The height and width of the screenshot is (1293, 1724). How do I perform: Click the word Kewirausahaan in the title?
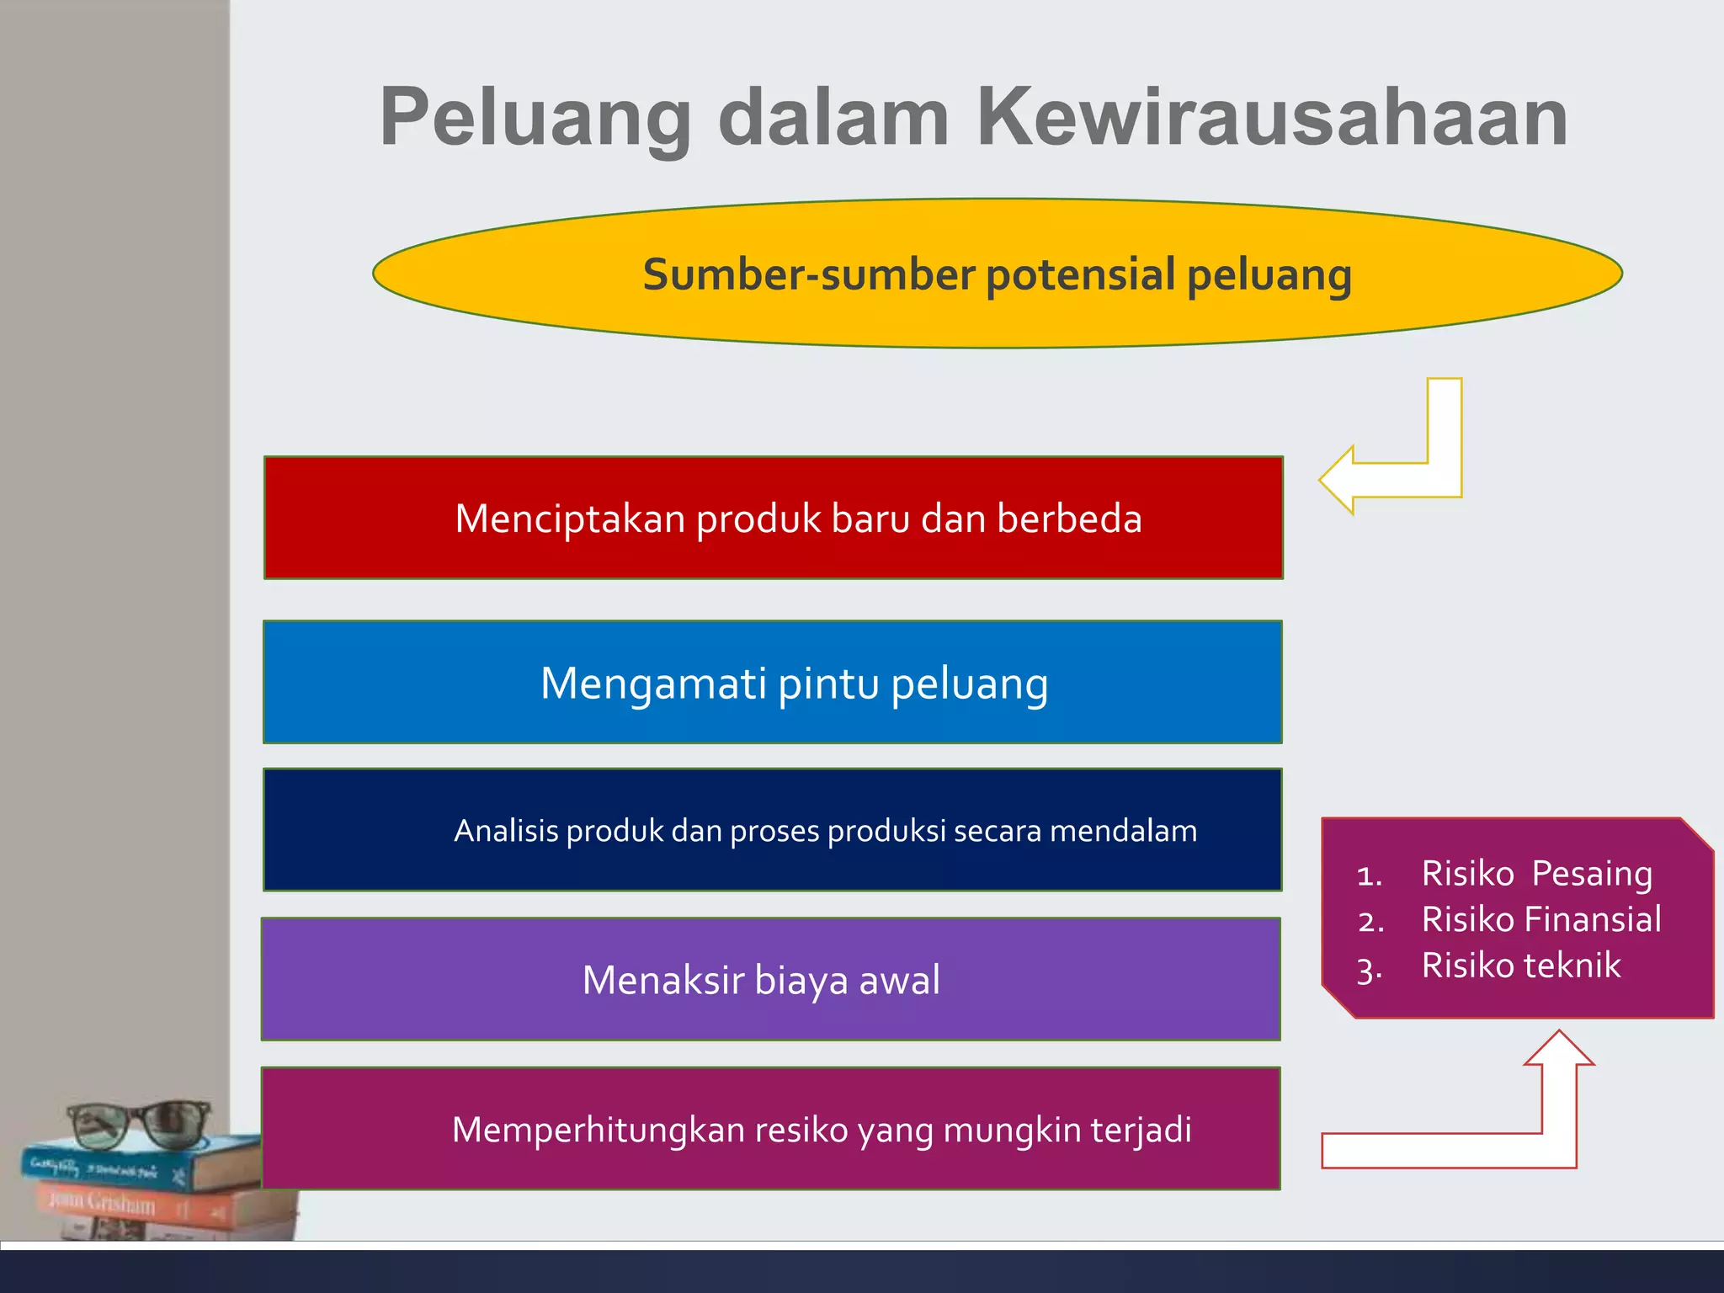(1271, 118)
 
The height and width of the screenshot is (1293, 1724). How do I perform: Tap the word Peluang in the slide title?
(535, 118)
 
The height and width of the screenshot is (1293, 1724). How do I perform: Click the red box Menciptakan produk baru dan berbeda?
(773, 518)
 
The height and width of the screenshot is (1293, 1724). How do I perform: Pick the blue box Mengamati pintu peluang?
(773, 682)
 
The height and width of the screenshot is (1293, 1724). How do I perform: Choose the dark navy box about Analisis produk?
(773, 830)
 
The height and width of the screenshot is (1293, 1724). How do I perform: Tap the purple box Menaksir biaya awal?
(771, 979)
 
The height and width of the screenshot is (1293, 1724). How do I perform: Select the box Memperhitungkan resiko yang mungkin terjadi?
(771, 1129)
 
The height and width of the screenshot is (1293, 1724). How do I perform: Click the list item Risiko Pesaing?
(1536, 873)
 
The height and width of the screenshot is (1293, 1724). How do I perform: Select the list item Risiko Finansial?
(1540, 919)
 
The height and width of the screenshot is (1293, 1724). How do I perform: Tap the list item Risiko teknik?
(1520, 965)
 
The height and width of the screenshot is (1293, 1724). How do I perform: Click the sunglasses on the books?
(139, 1124)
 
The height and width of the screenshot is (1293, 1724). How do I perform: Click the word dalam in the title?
(833, 118)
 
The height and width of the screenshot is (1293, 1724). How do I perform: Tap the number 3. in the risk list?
(1370, 968)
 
